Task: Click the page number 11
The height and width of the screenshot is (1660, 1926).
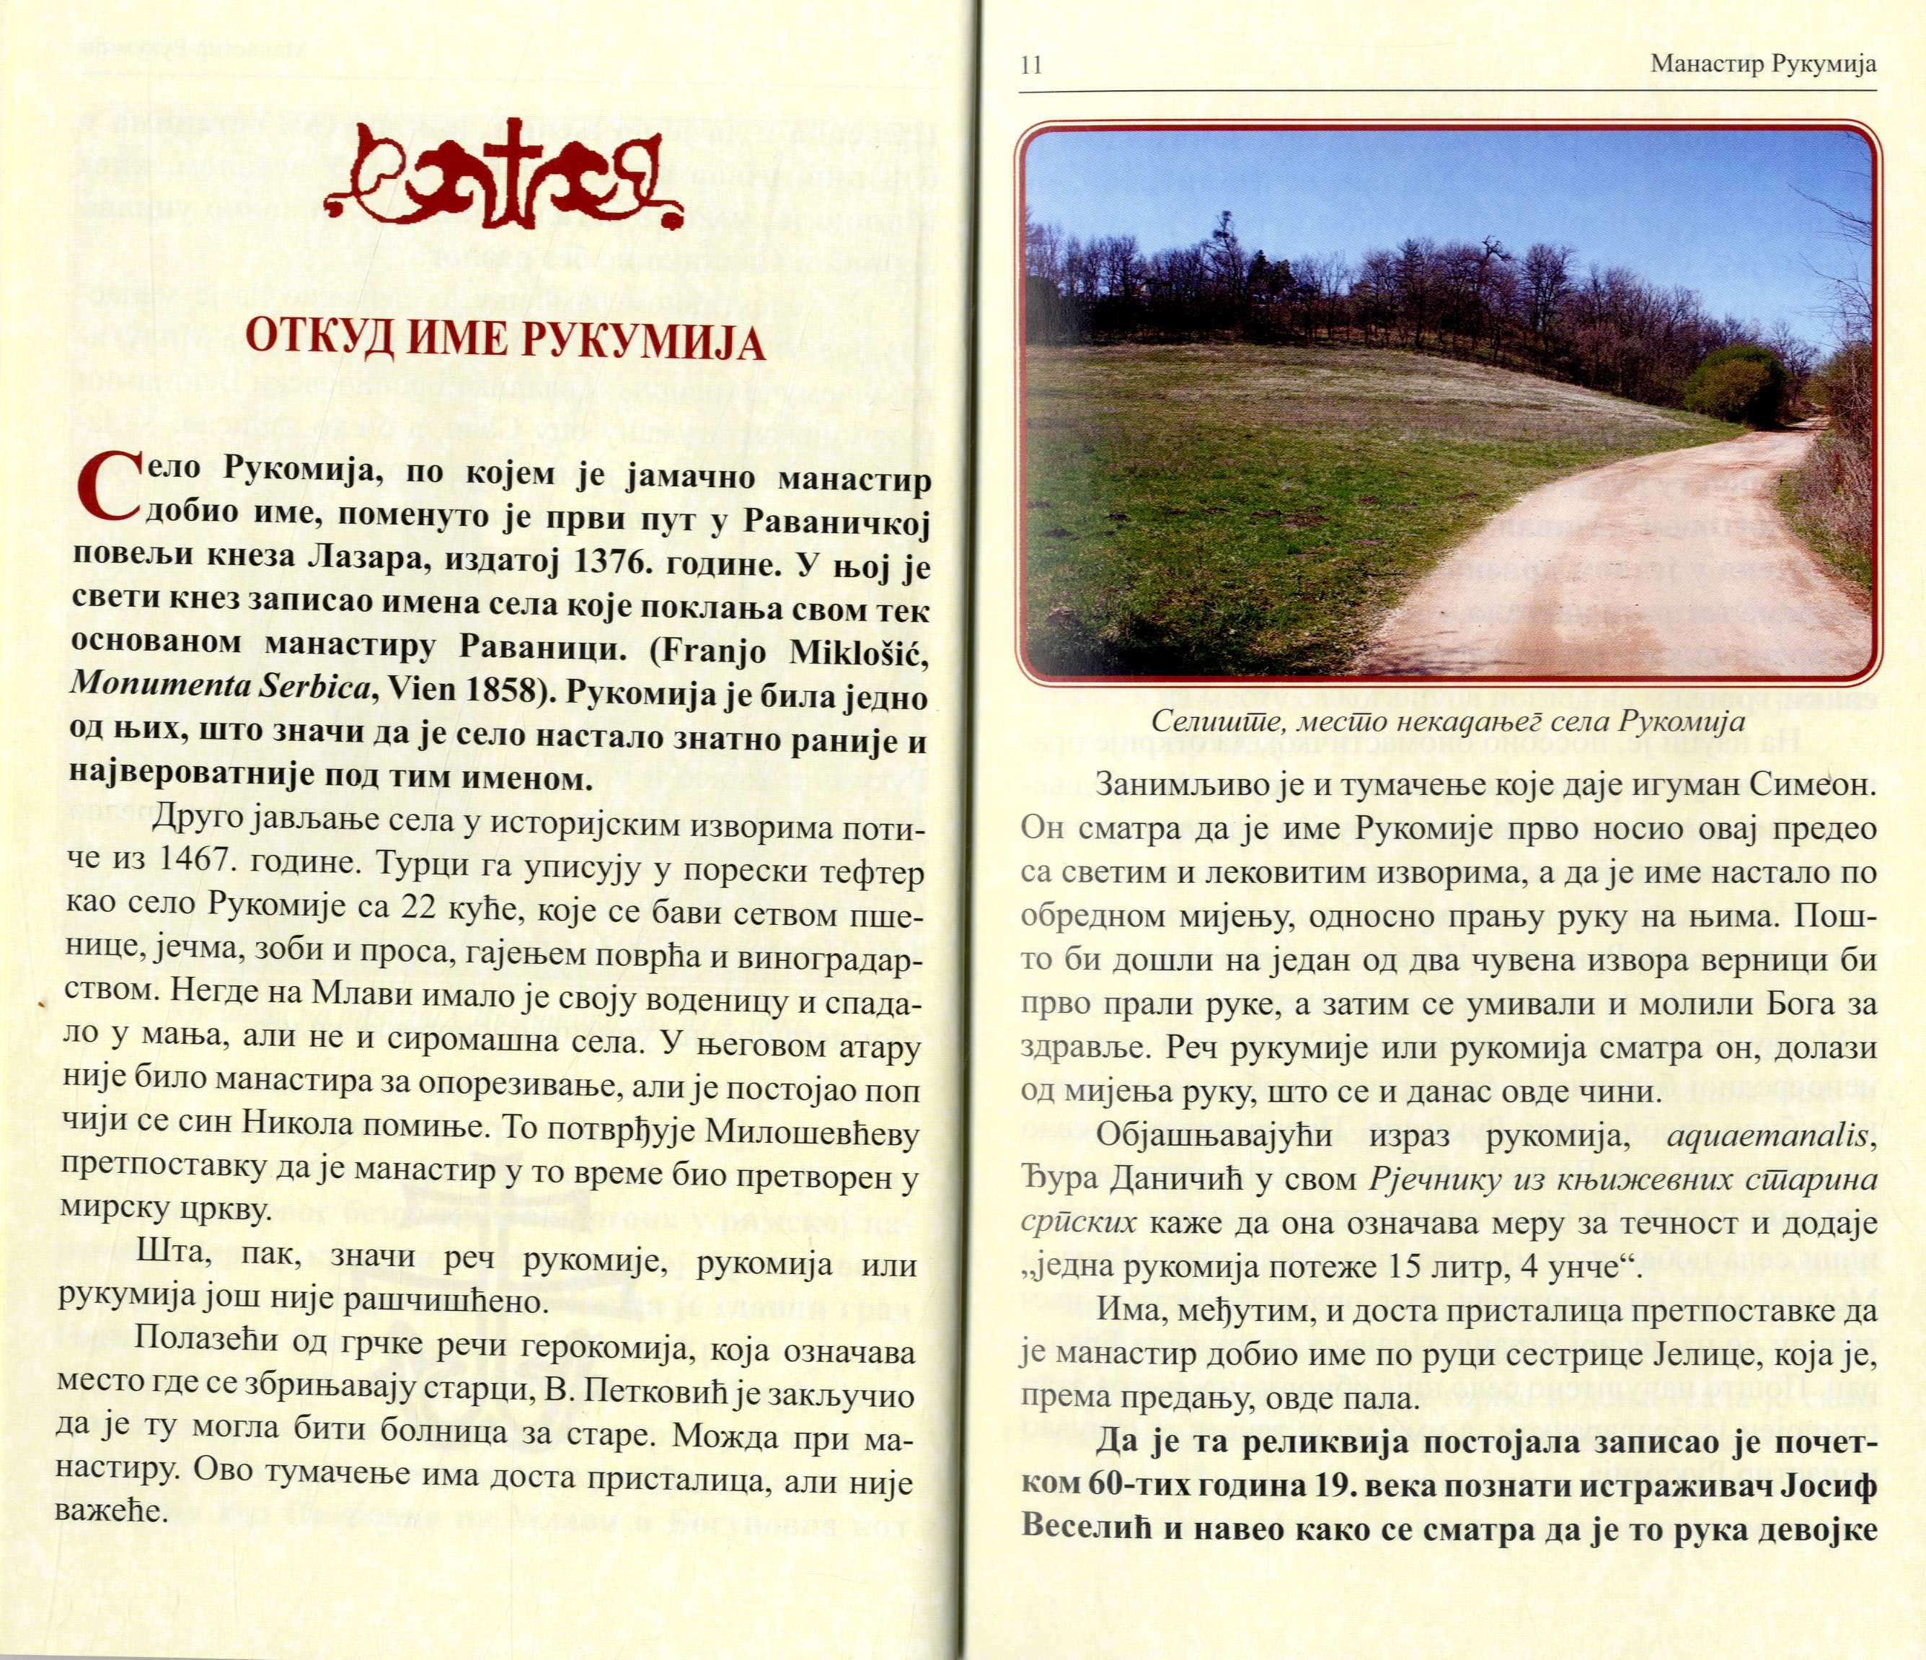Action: click(1031, 65)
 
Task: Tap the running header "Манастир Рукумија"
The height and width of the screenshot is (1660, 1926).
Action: click(1763, 64)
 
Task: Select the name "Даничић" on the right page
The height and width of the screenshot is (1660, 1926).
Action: click(1170, 1182)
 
